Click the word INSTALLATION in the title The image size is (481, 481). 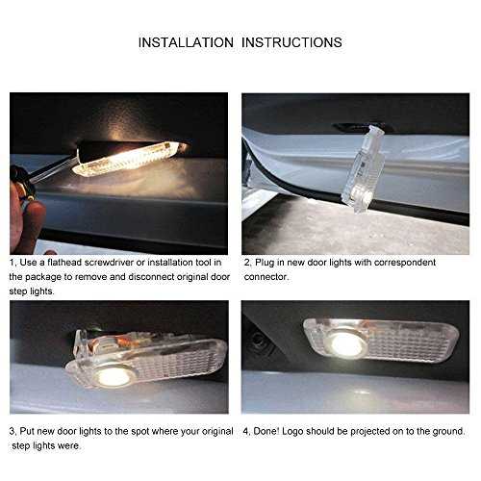pyautogui.click(x=186, y=42)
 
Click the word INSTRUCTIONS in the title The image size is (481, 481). pyautogui.click(x=291, y=42)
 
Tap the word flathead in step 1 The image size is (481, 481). pyautogui.click(x=64, y=263)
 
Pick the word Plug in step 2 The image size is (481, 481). pyautogui.click(x=265, y=263)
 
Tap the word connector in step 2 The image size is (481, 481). pyautogui.click(x=266, y=277)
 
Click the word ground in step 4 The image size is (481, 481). pyautogui.click(x=448, y=432)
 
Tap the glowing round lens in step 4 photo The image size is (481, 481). pyautogui.click(x=347, y=344)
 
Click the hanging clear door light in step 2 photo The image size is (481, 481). pyautogui.click(x=364, y=167)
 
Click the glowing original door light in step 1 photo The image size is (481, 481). pyautogui.click(x=128, y=159)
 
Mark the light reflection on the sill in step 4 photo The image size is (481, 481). pyautogui.click(x=361, y=392)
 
